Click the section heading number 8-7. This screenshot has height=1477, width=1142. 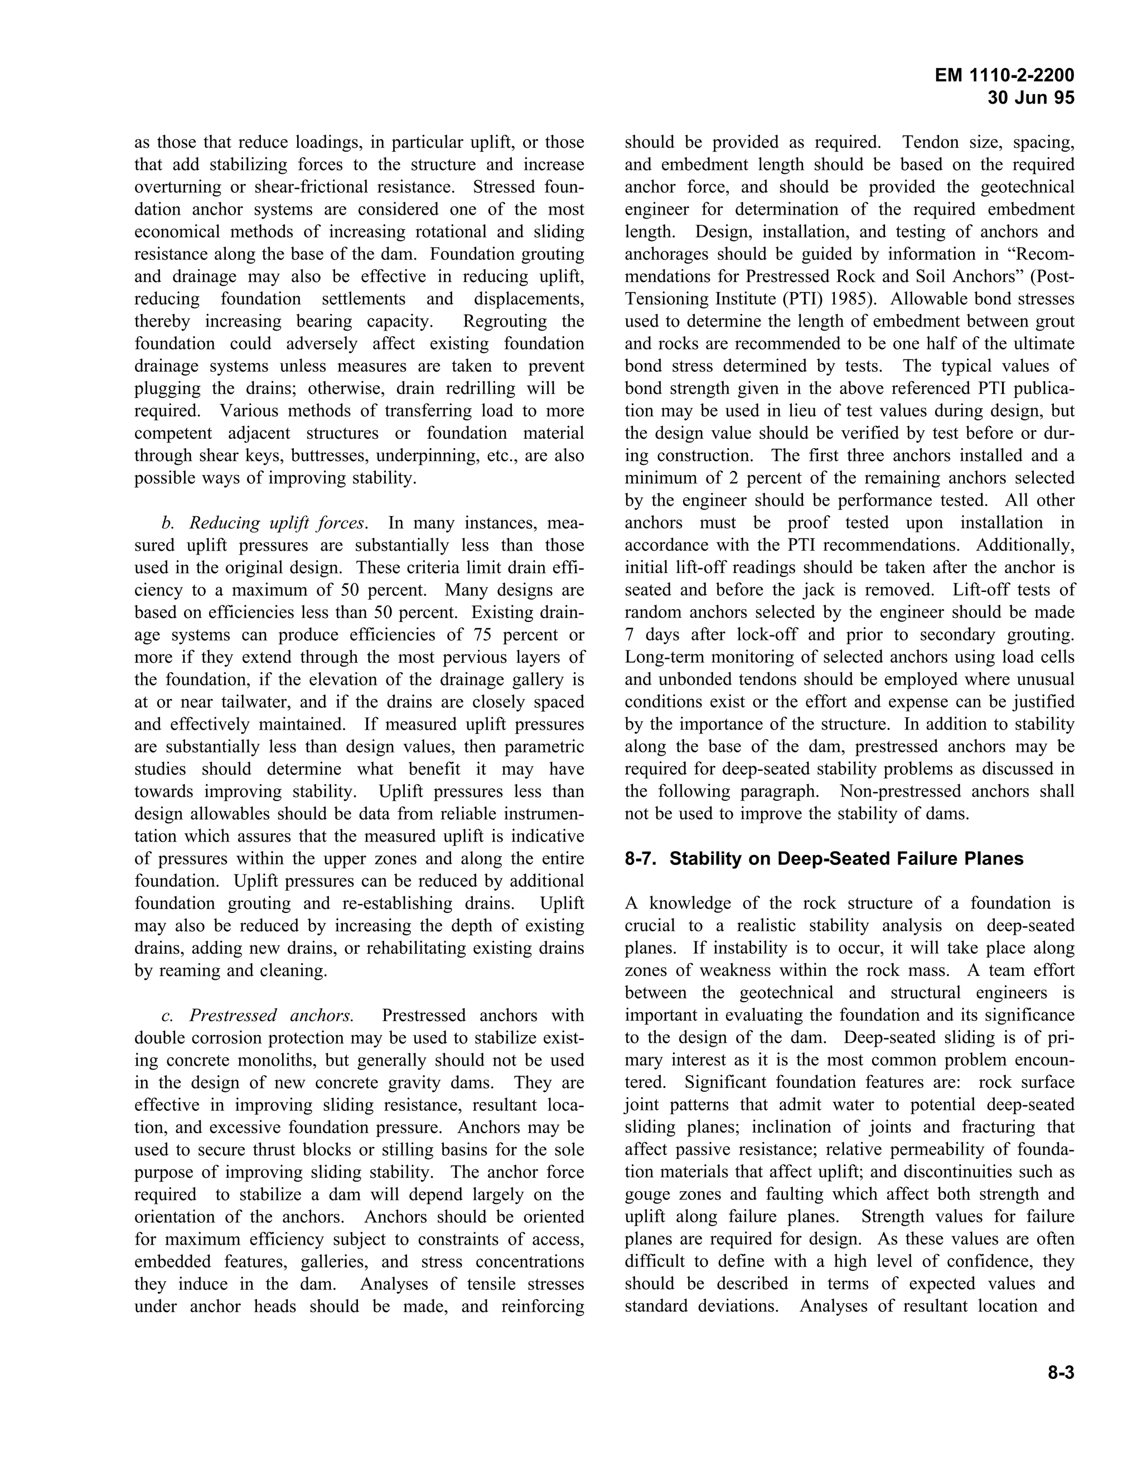click(x=642, y=859)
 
